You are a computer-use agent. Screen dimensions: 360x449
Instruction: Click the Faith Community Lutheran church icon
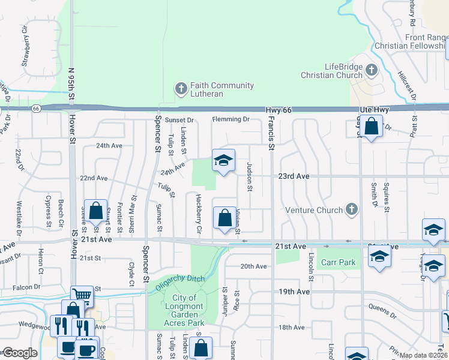click(x=181, y=89)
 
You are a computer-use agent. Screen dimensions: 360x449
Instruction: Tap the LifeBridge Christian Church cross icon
click(x=372, y=70)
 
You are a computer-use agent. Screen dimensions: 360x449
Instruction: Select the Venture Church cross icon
click(x=352, y=210)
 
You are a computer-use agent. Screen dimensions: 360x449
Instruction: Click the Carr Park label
click(x=338, y=262)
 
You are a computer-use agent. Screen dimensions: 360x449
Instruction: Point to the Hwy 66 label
click(x=279, y=110)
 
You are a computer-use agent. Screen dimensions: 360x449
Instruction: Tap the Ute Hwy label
click(x=375, y=110)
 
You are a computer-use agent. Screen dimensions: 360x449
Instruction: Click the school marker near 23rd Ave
click(x=223, y=161)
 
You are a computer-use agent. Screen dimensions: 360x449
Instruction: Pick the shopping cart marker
click(x=82, y=294)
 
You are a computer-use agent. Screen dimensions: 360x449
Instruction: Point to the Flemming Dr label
click(x=230, y=119)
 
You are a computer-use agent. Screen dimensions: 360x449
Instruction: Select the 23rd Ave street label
click(x=293, y=176)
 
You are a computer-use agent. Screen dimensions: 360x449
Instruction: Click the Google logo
click(x=19, y=353)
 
